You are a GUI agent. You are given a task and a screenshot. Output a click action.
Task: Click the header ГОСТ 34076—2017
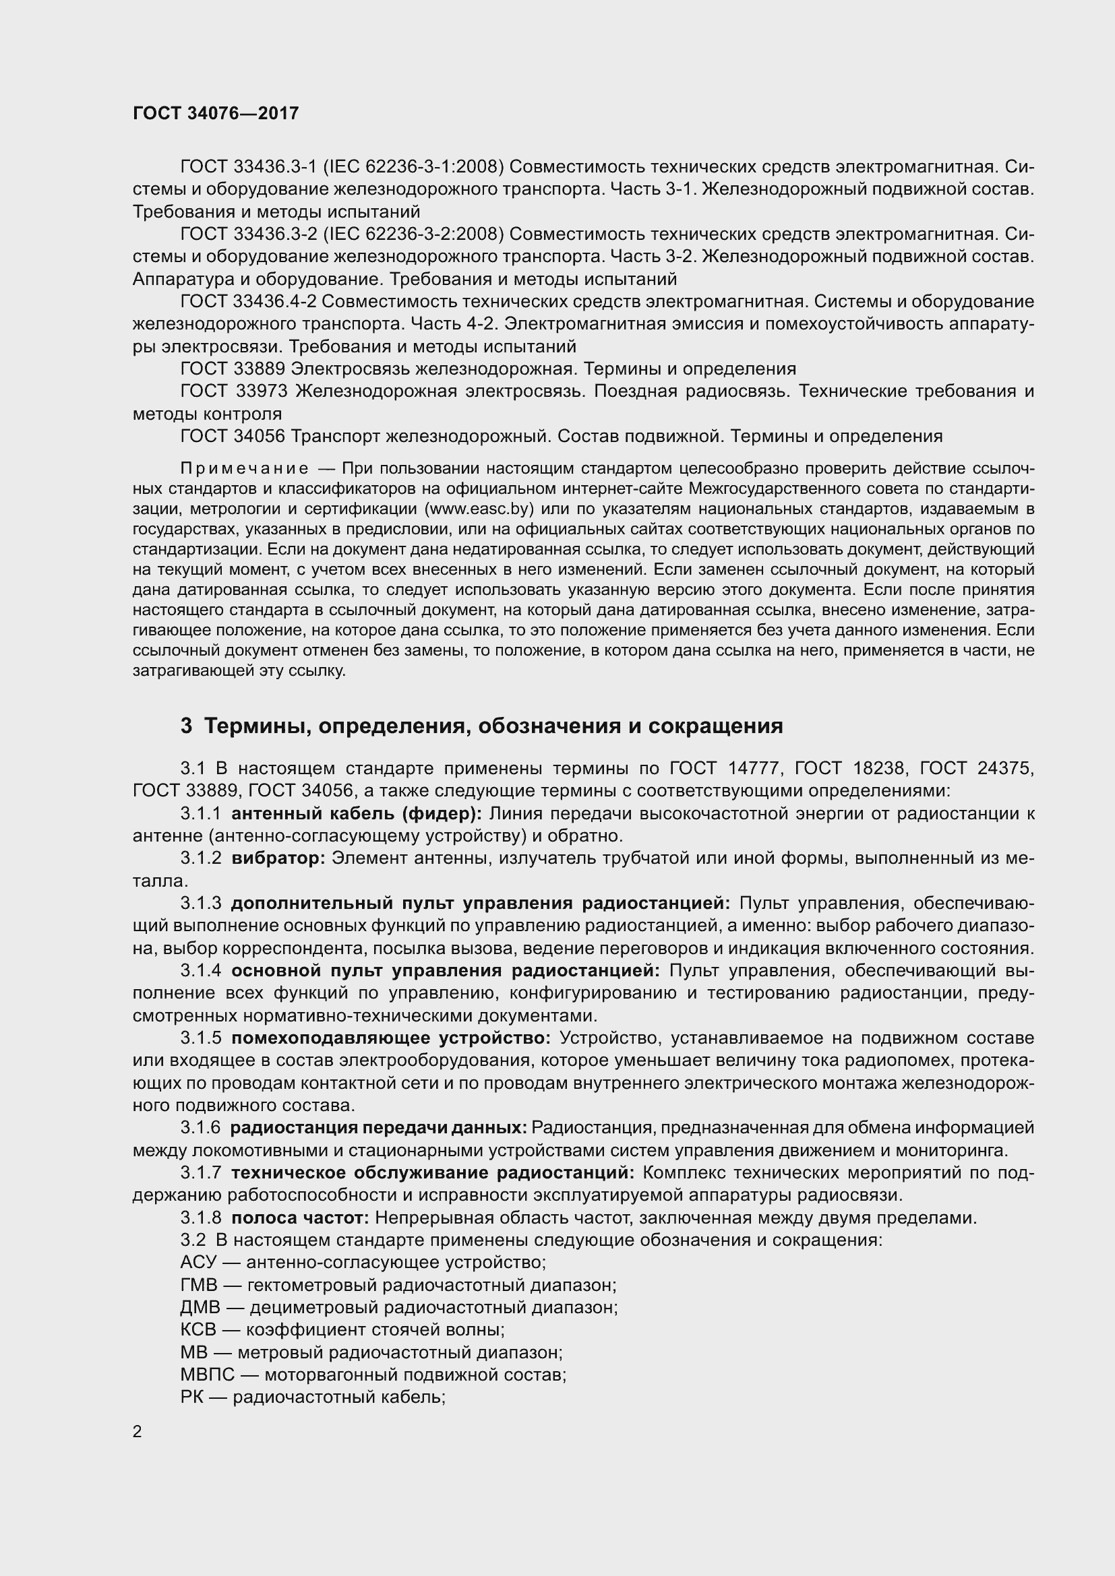tap(216, 113)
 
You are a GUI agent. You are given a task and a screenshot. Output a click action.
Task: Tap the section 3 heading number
tap(186, 726)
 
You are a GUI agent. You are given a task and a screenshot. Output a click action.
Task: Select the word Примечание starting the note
tap(245, 468)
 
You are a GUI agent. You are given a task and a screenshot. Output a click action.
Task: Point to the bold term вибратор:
tap(278, 858)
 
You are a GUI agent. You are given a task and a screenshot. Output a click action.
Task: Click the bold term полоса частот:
tap(301, 1218)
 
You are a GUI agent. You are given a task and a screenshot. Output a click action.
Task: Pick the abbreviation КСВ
tap(198, 1330)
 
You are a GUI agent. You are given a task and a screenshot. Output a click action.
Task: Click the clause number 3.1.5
tap(200, 1038)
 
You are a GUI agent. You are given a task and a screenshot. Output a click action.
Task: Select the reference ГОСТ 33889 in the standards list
tap(232, 369)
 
